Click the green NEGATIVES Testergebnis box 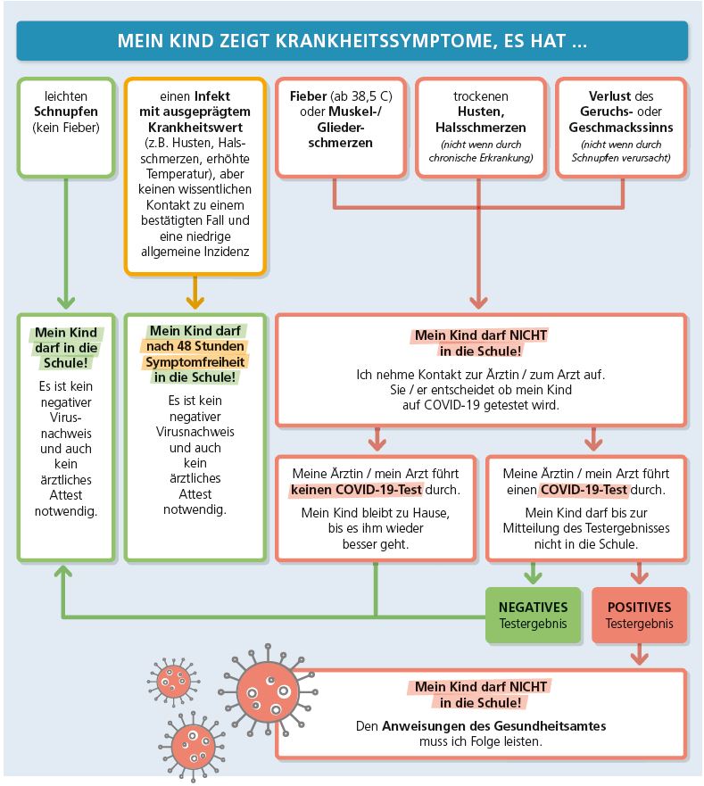pos(533,615)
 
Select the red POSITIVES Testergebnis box pos(640,615)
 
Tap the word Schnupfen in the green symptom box pos(66,112)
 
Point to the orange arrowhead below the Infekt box pos(195,302)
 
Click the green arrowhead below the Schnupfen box pos(66,302)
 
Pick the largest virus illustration pos(269,691)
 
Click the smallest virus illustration pos(173,682)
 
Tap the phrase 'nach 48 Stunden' pos(195,346)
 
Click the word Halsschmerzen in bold pos(480,128)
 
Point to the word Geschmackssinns pos(621,128)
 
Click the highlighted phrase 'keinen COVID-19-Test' pos(356,490)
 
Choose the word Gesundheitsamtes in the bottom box pos(550,726)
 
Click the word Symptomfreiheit pos(195,362)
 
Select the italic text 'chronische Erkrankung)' pos(480,158)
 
